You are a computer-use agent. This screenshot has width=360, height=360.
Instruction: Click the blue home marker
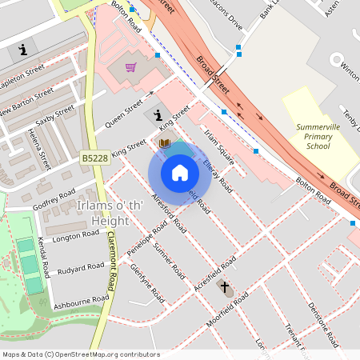click(x=180, y=173)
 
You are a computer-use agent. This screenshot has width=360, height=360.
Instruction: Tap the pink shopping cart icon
click(x=130, y=67)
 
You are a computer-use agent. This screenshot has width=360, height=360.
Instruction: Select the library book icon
click(x=165, y=143)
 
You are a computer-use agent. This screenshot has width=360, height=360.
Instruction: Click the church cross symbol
click(x=225, y=286)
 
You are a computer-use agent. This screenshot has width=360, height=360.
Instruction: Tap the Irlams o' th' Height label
click(x=107, y=212)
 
